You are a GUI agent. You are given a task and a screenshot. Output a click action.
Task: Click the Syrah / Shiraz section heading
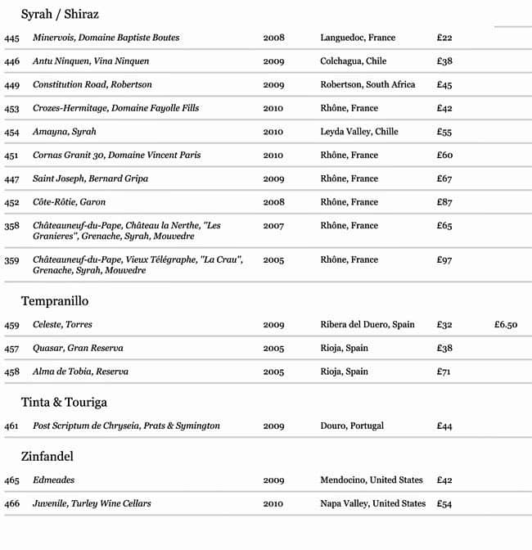[x=60, y=14]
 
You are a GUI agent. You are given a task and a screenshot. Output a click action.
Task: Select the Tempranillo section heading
[x=55, y=301]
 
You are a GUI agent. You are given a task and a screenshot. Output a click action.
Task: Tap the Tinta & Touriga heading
[x=64, y=402]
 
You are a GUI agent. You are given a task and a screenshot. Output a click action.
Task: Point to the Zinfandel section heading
[x=47, y=456]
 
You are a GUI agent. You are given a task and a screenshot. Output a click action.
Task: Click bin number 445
[x=11, y=38]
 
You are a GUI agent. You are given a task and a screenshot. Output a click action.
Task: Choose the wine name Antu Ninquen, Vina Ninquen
[x=91, y=61]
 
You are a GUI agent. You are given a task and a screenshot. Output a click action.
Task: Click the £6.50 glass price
[x=505, y=325]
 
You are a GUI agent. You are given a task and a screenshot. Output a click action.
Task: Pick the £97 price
[x=444, y=260]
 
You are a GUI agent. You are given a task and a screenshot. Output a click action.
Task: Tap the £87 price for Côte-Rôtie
[x=444, y=202]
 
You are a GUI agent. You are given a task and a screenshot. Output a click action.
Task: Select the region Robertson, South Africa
[x=367, y=85]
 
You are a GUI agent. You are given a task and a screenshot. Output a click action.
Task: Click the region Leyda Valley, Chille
[x=359, y=132]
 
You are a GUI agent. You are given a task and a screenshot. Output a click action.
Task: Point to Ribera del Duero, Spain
[x=367, y=325]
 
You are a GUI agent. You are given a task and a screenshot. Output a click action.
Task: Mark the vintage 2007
[x=273, y=226]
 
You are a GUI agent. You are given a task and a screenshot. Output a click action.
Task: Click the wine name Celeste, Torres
[x=62, y=325]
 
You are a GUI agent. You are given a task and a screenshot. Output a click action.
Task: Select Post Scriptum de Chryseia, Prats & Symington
[x=126, y=426]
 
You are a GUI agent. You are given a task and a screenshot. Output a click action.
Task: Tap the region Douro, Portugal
[x=352, y=426]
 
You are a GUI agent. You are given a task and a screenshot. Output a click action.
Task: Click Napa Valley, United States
[x=372, y=504]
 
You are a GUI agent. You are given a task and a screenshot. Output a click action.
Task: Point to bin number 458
[x=11, y=372]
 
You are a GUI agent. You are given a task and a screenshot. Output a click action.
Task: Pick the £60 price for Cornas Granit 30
[x=444, y=156]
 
